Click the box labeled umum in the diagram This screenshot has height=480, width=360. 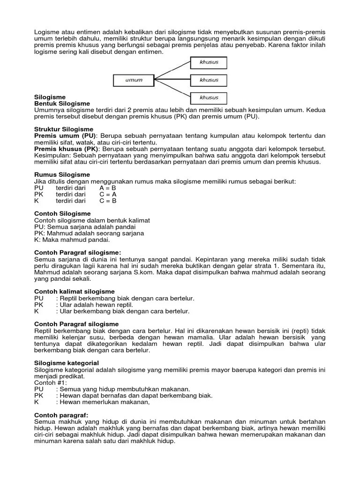click(134, 80)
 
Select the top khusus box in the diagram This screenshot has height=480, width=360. click(209, 62)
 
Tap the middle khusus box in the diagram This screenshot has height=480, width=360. click(209, 80)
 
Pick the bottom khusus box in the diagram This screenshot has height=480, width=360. click(209, 98)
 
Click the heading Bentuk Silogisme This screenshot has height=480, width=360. click(62, 103)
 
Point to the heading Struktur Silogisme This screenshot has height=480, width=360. click(64, 129)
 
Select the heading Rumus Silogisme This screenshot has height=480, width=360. click(63, 174)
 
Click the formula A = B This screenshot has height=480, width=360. click(108, 187)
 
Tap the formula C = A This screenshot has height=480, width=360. click(108, 194)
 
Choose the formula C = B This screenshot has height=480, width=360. click(108, 201)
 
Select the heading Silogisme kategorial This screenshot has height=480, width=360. click(67, 363)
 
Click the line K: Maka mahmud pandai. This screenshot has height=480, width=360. click(72, 240)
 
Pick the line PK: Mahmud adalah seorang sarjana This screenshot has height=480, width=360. click(89, 233)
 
